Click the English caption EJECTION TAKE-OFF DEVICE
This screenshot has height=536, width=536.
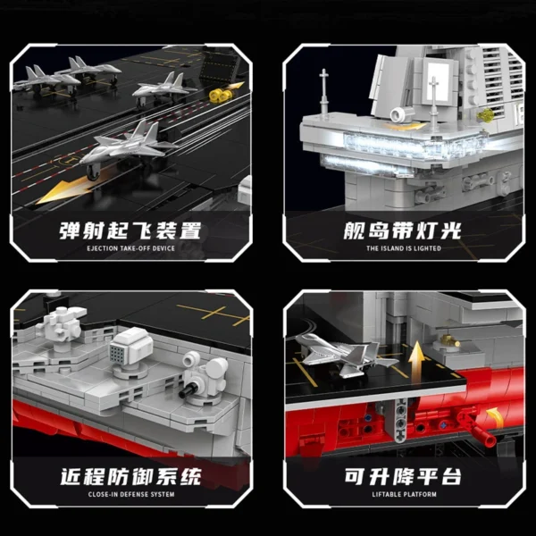click(x=130, y=248)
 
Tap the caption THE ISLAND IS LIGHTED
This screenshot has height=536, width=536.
click(x=404, y=248)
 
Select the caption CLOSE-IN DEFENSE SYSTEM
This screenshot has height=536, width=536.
click(x=131, y=494)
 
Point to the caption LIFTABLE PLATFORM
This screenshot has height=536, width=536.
click(x=405, y=494)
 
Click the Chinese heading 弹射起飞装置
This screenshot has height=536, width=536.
click(x=130, y=230)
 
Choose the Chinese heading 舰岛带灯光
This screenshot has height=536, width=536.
click(x=402, y=230)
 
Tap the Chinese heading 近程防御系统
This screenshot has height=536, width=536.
click(x=131, y=476)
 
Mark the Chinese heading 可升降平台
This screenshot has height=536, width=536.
click(x=403, y=476)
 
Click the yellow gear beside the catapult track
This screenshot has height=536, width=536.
click(x=217, y=95)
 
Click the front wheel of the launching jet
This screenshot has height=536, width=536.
click(x=93, y=172)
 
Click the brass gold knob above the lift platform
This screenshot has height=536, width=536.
click(x=449, y=341)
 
